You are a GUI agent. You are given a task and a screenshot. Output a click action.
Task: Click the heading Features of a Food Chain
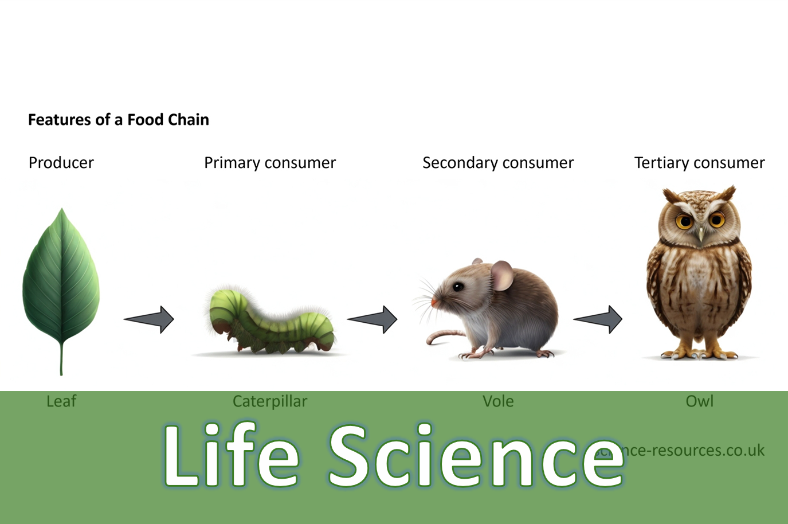tap(118, 119)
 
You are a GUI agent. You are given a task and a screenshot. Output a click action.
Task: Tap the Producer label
tap(61, 163)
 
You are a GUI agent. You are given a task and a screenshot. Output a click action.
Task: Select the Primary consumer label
tap(269, 163)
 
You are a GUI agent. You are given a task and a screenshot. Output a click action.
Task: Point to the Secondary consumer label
tap(497, 163)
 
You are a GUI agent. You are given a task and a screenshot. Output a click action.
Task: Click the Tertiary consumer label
tap(699, 163)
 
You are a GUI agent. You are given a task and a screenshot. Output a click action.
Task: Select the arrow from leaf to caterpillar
tap(149, 319)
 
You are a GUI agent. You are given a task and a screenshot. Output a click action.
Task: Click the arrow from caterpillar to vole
tap(373, 319)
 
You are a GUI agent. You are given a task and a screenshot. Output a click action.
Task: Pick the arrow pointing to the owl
tap(598, 319)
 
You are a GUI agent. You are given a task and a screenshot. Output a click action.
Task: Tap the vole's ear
tap(502, 275)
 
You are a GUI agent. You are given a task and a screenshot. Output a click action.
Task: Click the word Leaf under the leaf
tap(61, 401)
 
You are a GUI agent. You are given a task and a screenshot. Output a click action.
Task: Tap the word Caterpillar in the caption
tap(269, 401)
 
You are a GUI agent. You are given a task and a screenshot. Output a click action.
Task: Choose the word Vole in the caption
tap(497, 401)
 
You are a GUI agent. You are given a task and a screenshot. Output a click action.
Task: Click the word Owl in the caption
tap(699, 401)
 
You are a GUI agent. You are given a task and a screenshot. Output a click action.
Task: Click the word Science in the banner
tap(476, 456)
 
